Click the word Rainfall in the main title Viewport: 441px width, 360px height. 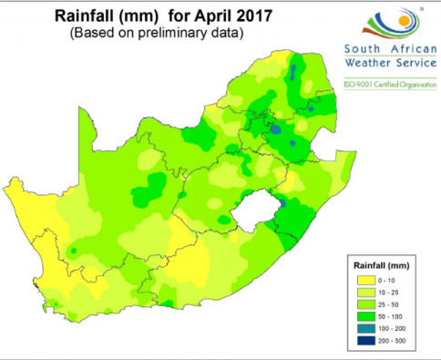click(88, 15)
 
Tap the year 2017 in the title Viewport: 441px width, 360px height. click(226, 15)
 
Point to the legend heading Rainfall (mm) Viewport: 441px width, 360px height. click(382, 264)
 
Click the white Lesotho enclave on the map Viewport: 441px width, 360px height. click(252, 212)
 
